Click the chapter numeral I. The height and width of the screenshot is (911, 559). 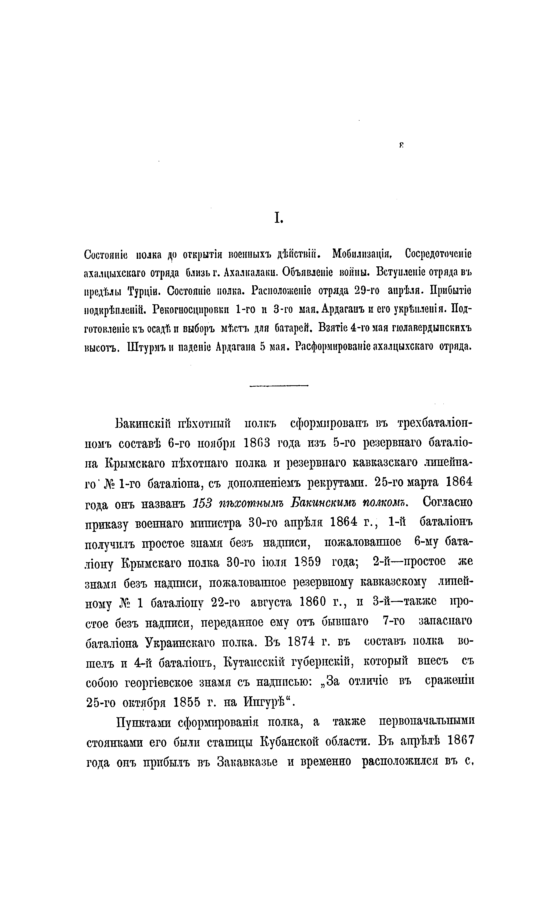click(278, 219)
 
